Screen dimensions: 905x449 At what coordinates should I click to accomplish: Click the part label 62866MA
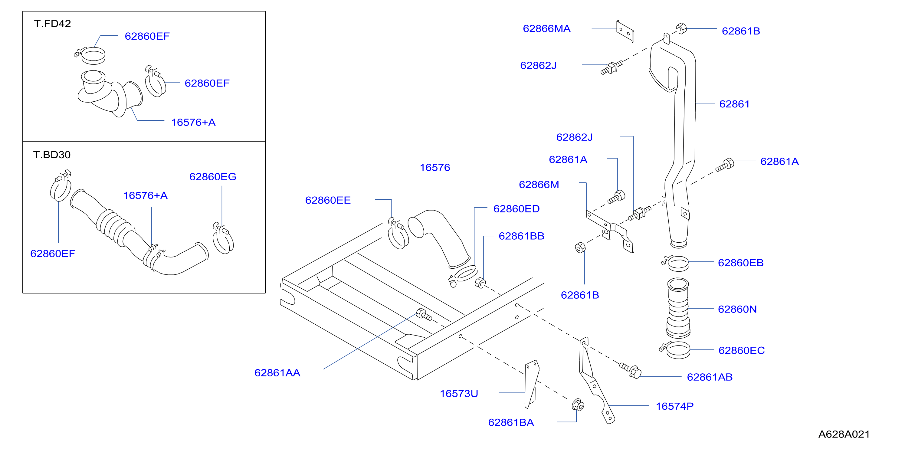coord(546,28)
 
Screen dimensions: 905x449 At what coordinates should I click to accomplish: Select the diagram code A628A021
coord(844,434)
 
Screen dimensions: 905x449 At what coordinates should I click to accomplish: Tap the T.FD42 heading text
coord(52,24)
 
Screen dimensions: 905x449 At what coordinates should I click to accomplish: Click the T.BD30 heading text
coord(52,155)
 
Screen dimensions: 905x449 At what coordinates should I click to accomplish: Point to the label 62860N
coord(737,309)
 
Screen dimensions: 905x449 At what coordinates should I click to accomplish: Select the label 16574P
coord(674,406)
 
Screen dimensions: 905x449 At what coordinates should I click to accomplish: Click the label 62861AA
coord(277,373)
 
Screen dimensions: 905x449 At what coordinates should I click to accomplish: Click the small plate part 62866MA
coord(625,31)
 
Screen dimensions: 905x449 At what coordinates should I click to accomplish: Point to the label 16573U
coord(459,394)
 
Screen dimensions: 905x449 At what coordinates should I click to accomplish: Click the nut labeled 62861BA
coord(578,405)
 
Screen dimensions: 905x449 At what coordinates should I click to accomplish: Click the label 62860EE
coord(328,200)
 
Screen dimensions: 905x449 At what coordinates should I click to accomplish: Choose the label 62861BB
coord(521,236)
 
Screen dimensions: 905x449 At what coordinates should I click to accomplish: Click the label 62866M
coord(539,185)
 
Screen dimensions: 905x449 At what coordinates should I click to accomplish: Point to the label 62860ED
coord(516,209)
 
